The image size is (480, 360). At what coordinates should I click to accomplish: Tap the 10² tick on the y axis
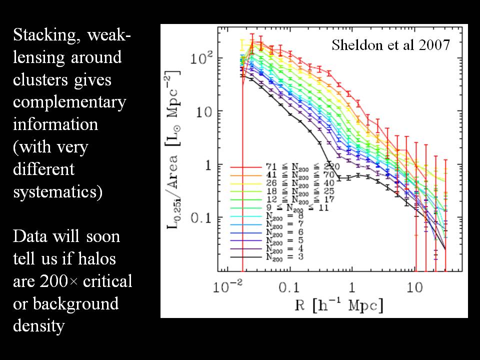coord(203,58)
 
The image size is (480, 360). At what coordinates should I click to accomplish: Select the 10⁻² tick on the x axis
coord(228,287)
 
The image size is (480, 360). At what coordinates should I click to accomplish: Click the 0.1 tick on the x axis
coord(288,288)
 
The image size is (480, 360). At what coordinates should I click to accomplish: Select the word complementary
coord(69,102)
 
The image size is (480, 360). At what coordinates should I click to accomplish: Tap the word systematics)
coord(57,191)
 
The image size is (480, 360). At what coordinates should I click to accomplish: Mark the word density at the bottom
coord(38,326)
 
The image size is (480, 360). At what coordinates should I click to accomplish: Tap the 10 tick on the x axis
coord(414,288)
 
